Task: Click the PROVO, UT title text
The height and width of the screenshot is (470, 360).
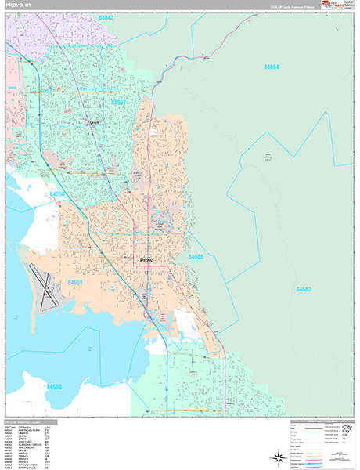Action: (x=18, y=5)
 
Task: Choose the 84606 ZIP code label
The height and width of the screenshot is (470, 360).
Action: (x=196, y=256)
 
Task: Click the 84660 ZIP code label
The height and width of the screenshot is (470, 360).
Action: (x=54, y=386)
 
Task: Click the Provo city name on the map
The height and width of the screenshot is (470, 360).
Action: (x=147, y=260)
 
